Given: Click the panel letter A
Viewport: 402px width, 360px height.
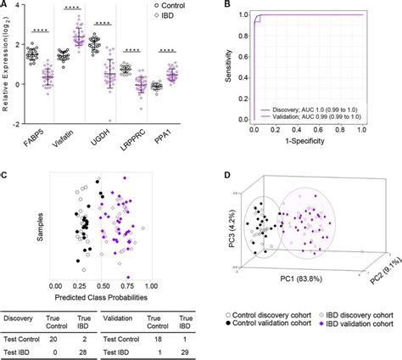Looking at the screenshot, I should pyautogui.click(x=6, y=8).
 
